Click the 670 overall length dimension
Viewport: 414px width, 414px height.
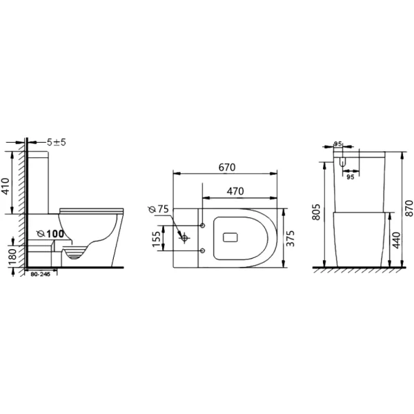click(227, 168)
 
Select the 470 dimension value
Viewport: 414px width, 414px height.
click(235, 191)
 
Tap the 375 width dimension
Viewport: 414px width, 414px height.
click(290, 239)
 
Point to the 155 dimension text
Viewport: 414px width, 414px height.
click(157, 239)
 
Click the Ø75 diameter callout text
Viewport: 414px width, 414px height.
click(159, 209)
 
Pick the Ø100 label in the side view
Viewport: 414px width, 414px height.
click(50, 234)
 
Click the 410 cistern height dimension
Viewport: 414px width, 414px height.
click(6, 186)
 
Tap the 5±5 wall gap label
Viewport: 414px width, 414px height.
click(57, 142)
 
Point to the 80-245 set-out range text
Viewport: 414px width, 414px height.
click(40, 274)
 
